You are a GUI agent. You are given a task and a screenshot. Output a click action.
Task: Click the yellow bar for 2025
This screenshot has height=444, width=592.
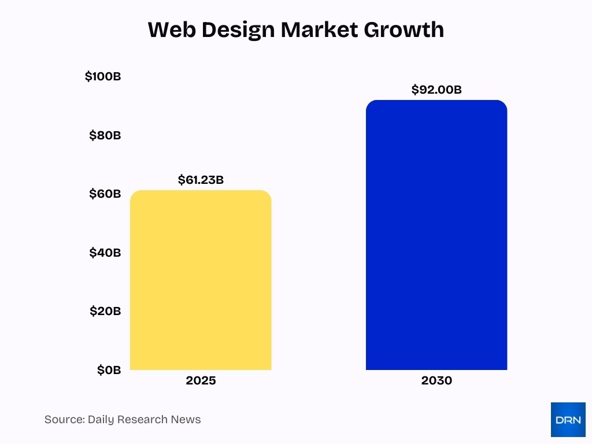pyautogui.click(x=201, y=280)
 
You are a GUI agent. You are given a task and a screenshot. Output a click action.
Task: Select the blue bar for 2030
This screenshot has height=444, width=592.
pyautogui.click(x=436, y=235)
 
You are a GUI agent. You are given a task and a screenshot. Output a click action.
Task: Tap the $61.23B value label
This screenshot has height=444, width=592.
pyautogui.click(x=201, y=180)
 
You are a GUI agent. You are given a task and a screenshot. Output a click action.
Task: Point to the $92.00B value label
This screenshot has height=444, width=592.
pyautogui.click(x=436, y=90)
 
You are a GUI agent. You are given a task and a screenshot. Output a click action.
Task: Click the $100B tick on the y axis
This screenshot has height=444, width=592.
pyautogui.click(x=103, y=76)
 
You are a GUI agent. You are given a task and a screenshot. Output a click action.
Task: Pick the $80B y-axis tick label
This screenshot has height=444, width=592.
pyautogui.click(x=105, y=135)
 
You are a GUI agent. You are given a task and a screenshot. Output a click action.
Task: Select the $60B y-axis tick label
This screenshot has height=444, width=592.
pyautogui.click(x=105, y=194)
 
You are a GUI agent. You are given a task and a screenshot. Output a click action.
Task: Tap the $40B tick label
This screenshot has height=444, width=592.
pyautogui.click(x=105, y=253)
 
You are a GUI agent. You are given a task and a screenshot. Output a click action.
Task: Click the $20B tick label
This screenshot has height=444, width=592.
pyautogui.click(x=105, y=311)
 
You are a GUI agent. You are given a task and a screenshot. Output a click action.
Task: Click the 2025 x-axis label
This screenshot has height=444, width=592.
pyautogui.click(x=201, y=381)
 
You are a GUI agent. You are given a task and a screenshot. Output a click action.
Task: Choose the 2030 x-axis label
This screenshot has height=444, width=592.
pyautogui.click(x=436, y=381)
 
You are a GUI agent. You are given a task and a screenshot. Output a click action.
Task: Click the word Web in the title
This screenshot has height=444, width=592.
pyautogui.click(x=168, y=29)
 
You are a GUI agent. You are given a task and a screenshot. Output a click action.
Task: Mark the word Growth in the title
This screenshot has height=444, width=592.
pyautogui.click(x=407, y=29)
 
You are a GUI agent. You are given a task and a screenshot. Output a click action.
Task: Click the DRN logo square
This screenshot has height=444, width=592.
pyautogui.click(x=568, y=420)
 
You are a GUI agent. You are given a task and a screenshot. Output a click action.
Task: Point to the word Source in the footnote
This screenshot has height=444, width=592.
pyautogui.click(x=63, y=420)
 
